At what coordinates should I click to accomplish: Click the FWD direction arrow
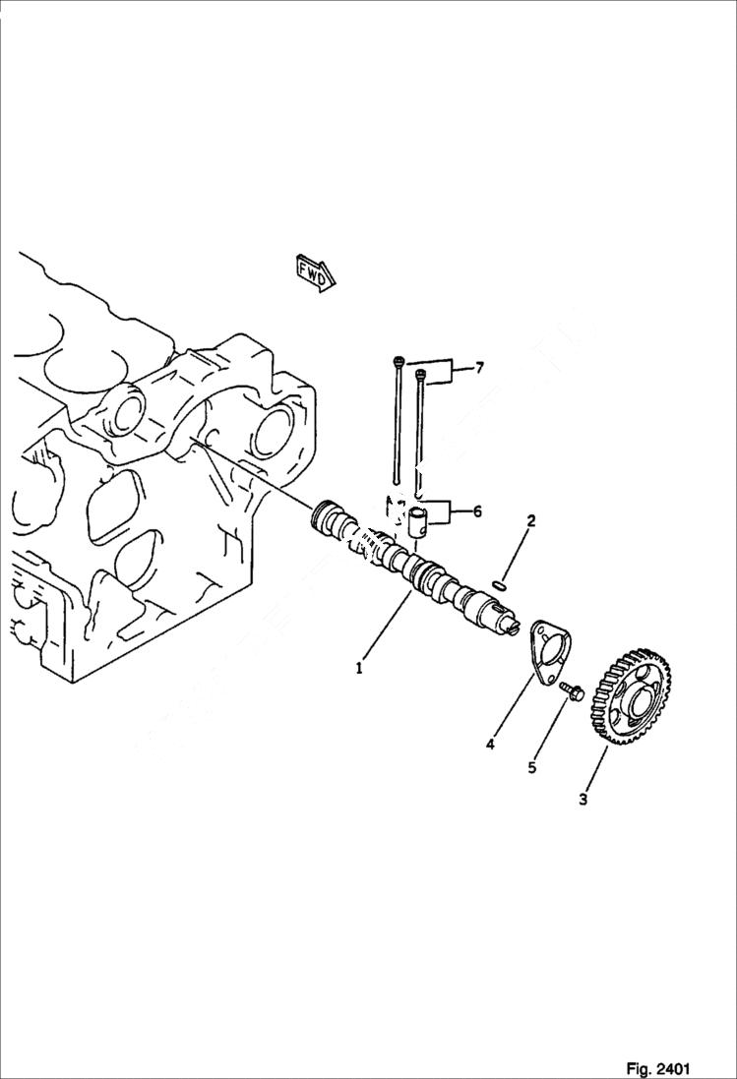coord(316,272)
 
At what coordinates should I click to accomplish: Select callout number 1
coord(360,668)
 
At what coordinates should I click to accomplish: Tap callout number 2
coord(530,520)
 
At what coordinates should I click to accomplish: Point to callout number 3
coord(583,800)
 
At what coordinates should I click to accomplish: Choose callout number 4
coord(490,745)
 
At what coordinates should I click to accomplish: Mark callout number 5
coord(532,767)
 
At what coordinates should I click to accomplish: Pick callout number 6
coord(477,511)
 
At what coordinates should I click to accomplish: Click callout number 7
coord(479,369)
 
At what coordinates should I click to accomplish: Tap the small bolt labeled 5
coord(571,693)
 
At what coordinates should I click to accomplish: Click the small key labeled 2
coord(498,584)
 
